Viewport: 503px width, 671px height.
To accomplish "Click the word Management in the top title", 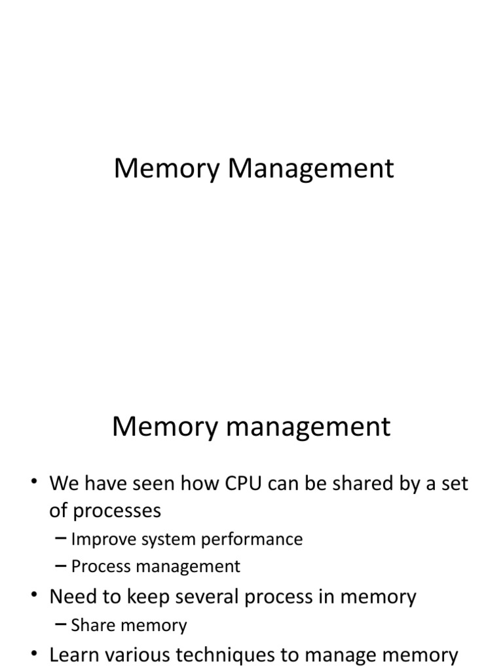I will [x=311, y=169].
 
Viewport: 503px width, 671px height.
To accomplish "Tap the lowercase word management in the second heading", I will [x=297, y=427].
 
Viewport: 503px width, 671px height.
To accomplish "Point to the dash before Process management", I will [x=61, y=566].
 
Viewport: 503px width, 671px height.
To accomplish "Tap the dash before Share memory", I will [x=61, y=625].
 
